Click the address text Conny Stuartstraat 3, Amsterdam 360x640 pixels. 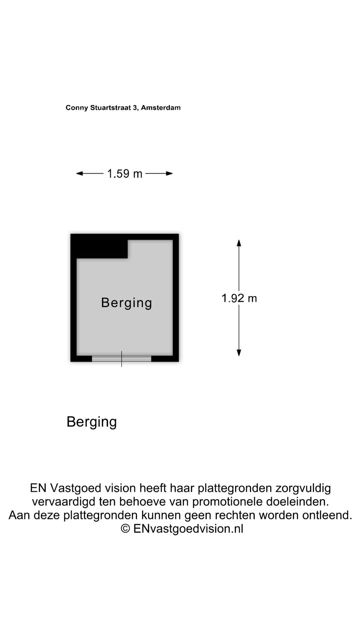[x=123, y=108]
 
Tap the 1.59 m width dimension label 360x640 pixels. [x=125, y=174]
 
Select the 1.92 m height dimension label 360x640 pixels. [x=239, y=298]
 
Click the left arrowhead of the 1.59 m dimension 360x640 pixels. [x=79, y=173]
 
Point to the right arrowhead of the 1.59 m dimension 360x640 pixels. [x=169, y=173]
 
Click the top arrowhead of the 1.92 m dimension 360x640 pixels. [x=239, y=243]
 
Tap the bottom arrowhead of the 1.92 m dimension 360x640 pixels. [x=239, y=352]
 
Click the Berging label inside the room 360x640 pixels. [x=127, y=303]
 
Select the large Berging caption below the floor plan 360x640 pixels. [x=92, y=422]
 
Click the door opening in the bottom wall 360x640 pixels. [x=122, y=359]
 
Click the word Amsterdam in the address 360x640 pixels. [x=161, y=108]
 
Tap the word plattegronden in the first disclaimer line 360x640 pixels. [x=235, y=488]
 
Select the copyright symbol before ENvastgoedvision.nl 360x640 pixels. [x=125, y=529]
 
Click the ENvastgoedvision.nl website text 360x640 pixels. [x=188, y=529]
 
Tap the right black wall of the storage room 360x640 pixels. [x=176, y=298]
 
